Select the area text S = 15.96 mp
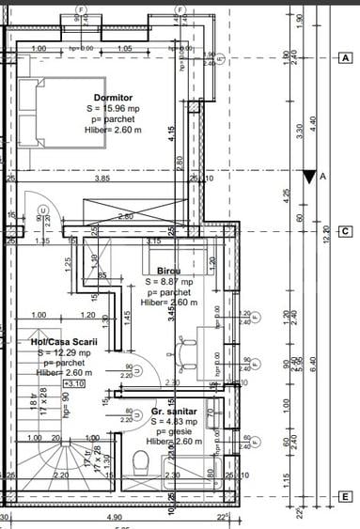113,109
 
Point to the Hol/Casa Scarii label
59,342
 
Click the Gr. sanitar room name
174,412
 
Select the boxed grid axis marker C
346,231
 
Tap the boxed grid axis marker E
346,496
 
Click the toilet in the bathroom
142,463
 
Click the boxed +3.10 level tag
72,383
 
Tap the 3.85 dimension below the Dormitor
102,179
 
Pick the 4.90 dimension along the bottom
115,517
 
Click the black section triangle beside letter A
310,176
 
